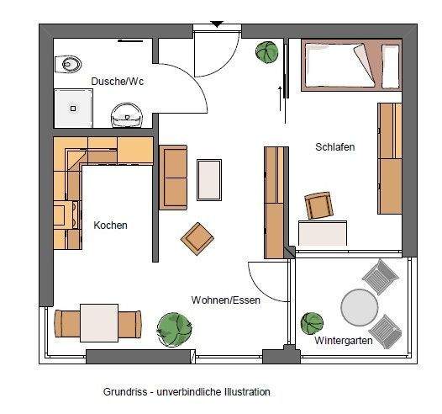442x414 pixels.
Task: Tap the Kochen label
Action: (x=110, y=226)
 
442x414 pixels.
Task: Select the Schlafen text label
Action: (x=334, y=146)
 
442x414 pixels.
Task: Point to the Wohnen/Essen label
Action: (x=226, y=300)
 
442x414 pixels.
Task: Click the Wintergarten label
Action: (x=345, y=342)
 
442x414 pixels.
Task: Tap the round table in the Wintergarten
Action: (x=359, y=307)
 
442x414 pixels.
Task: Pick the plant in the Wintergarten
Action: (x=312, y=321)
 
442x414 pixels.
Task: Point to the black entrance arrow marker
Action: (x=217, y=24)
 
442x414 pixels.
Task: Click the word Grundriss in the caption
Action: (x=124, y=392)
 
